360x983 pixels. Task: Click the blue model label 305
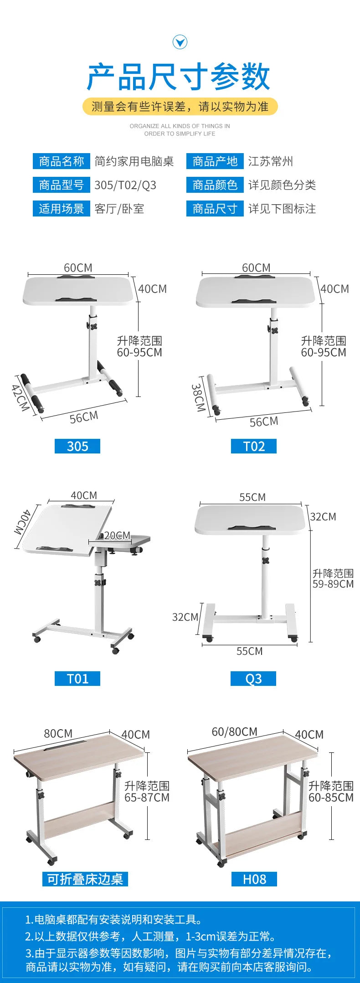pos(77,446)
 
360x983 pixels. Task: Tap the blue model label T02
pos(254,446)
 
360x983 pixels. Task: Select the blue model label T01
pos(77,679)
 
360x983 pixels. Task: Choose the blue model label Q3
pos(253,679)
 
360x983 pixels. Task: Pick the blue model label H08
pos(254,879)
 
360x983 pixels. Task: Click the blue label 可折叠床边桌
pos(85,879)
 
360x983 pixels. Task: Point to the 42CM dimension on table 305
pos(20,397)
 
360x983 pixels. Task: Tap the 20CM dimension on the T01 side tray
pos(117,535)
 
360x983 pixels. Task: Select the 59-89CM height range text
pos(333,584)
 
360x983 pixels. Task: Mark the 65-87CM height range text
pos(147,798)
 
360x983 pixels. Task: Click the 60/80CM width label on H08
pos(234,732)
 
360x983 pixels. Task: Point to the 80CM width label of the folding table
pos(58,734)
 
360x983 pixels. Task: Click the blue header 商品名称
pos(62,161)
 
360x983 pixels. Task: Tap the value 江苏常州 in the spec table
pos(271,161)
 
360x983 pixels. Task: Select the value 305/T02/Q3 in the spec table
pos(125,185)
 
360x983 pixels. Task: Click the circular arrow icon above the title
pos(180,42)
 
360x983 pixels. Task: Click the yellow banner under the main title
pos(180,107)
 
